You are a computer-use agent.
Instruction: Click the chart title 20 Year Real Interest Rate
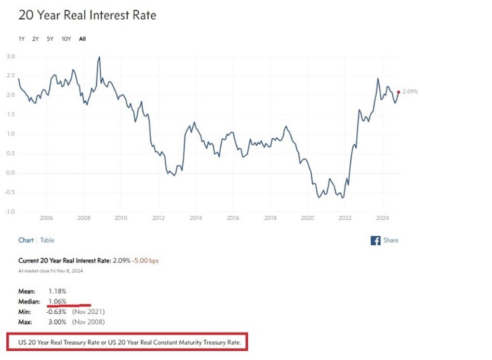[87, 15]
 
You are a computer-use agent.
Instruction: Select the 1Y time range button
[21, 39]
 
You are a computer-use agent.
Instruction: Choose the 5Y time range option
[50, 39]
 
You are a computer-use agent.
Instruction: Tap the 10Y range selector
[66, 39]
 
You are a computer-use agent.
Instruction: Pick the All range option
[83, 39]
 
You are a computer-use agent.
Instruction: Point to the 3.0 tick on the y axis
[10, 56]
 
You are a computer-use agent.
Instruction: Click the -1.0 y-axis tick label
[9, 212]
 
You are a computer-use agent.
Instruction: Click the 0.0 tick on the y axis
[10, 173]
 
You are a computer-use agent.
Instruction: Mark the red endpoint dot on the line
[398, 92]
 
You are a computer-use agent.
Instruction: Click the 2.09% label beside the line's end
[410, 92]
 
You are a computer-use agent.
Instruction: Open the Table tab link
[47, 241]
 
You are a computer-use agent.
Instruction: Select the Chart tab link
[26, 241]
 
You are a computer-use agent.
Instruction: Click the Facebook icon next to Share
[375, 241]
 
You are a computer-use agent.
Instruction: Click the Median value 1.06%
[57, 302]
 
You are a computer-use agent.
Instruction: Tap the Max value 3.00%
[58, 322]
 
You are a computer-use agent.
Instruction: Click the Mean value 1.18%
[57, 292]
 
